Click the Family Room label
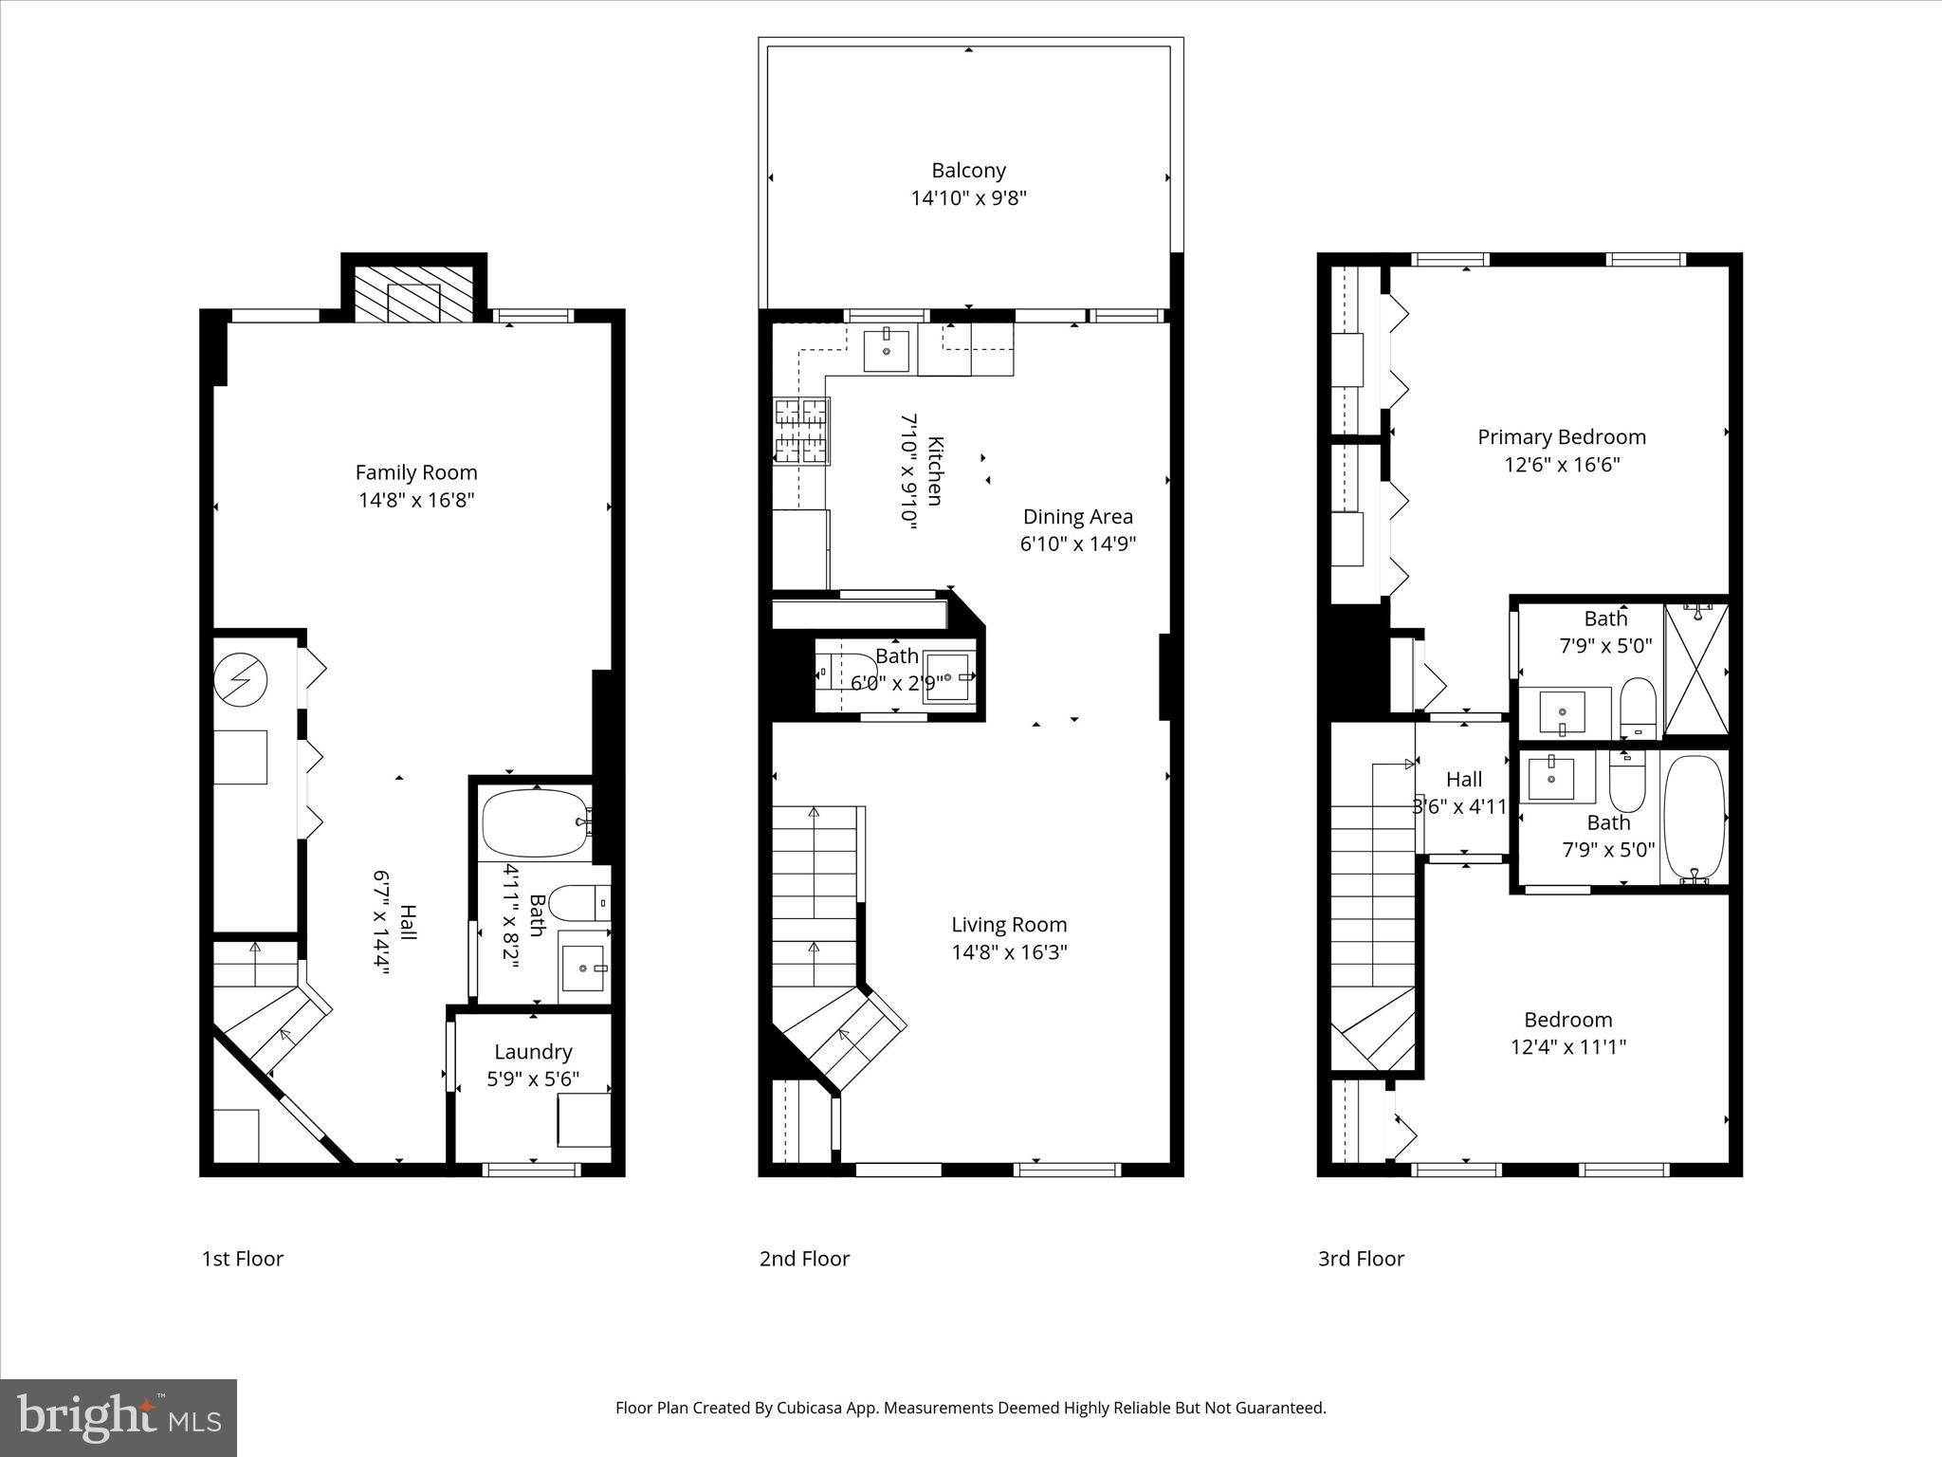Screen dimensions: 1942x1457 (x=416, y=472)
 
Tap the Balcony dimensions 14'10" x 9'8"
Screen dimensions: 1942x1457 (x=969, y=198)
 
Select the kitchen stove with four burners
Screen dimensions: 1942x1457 (x=801, y=432)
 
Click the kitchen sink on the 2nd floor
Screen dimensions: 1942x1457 (x=887, y=351)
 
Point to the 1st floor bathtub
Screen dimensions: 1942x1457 (x=536, y=823)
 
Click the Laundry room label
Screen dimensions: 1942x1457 (x=533, y=1052)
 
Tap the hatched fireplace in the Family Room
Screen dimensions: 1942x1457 (x=413, y=294)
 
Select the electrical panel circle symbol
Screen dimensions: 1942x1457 (x=241, y=679)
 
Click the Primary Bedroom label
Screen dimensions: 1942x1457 (x=1562, y=437)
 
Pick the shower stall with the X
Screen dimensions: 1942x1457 (x=1696, y=670)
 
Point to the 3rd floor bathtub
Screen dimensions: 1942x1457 (x=1694, y=817)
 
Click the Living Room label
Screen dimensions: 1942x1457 (x=1009, y=925)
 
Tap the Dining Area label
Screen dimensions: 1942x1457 (x=1078, y=517)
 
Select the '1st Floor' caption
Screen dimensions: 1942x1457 (x=243, y=1259)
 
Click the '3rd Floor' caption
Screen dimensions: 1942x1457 (x=1361, y=1259)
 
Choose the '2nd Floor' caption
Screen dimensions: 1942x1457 (x=804, y=1259)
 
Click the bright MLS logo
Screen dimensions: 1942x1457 (x=119, y=1417)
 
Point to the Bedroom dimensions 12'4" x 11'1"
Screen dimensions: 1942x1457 (x=1568, y=1047)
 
